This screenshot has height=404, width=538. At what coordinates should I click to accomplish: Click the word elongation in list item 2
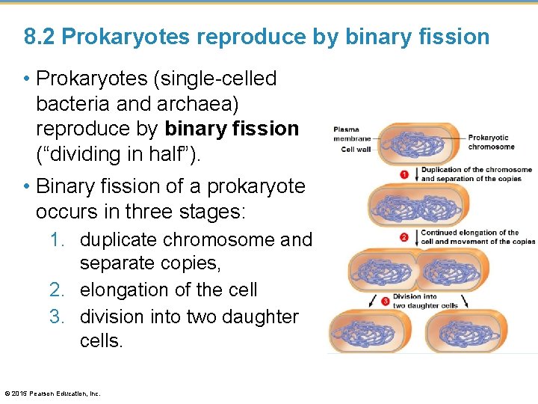[126, 290]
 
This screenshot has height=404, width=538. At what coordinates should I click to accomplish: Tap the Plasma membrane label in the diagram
[352, 133]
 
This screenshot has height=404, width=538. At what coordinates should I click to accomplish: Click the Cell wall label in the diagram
[356, 150]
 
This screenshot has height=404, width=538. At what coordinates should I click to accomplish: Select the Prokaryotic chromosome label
[492, 142]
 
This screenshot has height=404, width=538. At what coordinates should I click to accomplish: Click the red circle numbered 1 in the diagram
[404, 174]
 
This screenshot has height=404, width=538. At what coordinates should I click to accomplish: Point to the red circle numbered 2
[404, 237]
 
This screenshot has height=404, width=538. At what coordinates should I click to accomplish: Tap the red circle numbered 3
[386, 301]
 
